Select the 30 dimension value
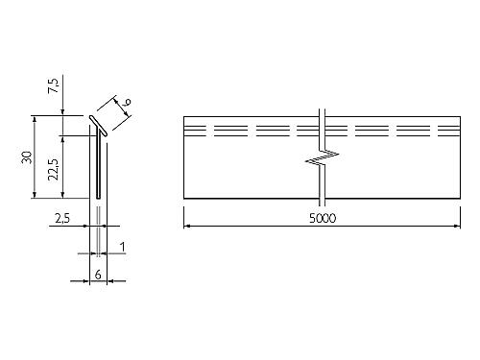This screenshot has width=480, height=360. click(x=27, y=157)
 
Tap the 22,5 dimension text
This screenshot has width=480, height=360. click(x=54, y=169)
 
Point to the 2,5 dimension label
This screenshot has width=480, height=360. click(x=62, y=219)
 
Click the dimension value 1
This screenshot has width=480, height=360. click(x=122, y=247)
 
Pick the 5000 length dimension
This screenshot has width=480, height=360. click(x=323, y=218)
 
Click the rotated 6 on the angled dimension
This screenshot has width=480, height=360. click(x=127, y=103)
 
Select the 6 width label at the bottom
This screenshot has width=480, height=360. click(x=98, y=275)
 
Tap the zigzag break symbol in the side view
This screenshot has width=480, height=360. click(x=323, y=156)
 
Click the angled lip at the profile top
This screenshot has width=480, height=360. click(x=98, y=126)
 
